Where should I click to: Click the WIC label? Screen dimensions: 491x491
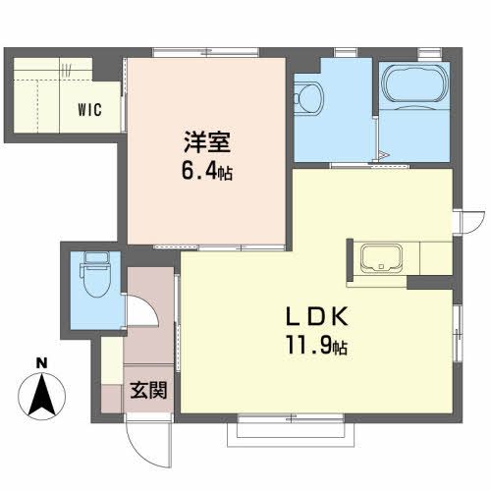[x=89, y=109]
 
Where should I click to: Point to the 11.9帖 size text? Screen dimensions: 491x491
[x=314, y=346]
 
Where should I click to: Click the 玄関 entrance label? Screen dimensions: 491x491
[x=148, y=390]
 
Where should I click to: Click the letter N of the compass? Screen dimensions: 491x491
[x=42, y=363]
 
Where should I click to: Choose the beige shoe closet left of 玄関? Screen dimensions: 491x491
[x=112, y=378]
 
